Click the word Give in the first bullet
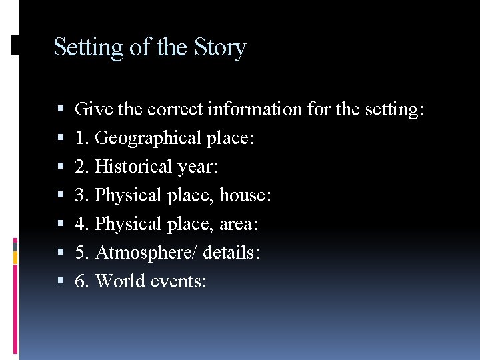point(91,109)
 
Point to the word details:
point(231,253)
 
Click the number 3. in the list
point(82,196)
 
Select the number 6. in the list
point(82,281)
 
